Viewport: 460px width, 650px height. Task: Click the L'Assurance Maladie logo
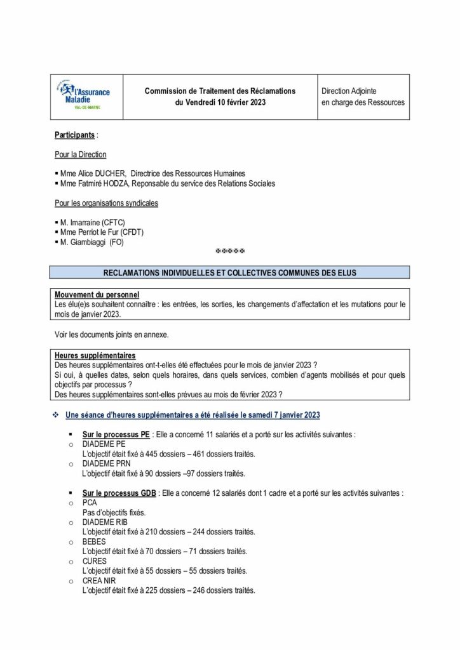click(x=87, y=96)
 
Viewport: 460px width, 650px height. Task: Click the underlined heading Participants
click(x=75, y=135)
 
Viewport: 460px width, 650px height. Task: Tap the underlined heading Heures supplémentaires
click(x=95, y=355)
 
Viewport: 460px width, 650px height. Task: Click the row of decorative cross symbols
click(x=230, y=253)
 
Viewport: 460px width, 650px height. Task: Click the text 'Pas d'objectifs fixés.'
click(x=114, y=512)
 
